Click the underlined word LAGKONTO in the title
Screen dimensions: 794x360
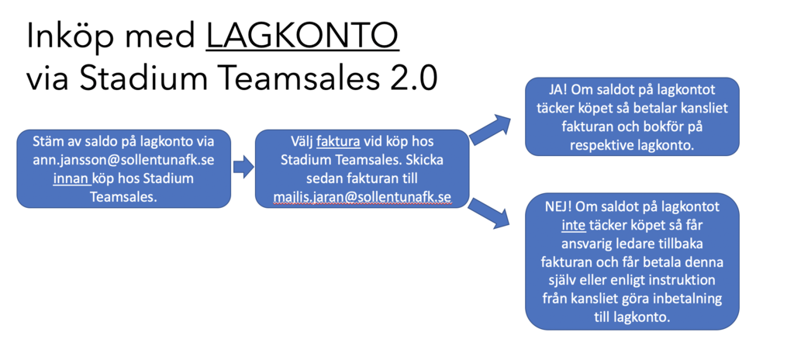[302, 36]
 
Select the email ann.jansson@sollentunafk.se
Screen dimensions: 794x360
[124, 161]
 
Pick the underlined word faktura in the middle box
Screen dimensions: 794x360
[338, 140]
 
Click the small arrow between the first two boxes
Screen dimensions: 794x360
[243, 168]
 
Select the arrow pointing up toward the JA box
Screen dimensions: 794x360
[490, 130]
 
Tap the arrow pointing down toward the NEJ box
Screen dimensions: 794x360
[488, 213]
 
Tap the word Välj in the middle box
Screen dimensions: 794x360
[302, 141]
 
